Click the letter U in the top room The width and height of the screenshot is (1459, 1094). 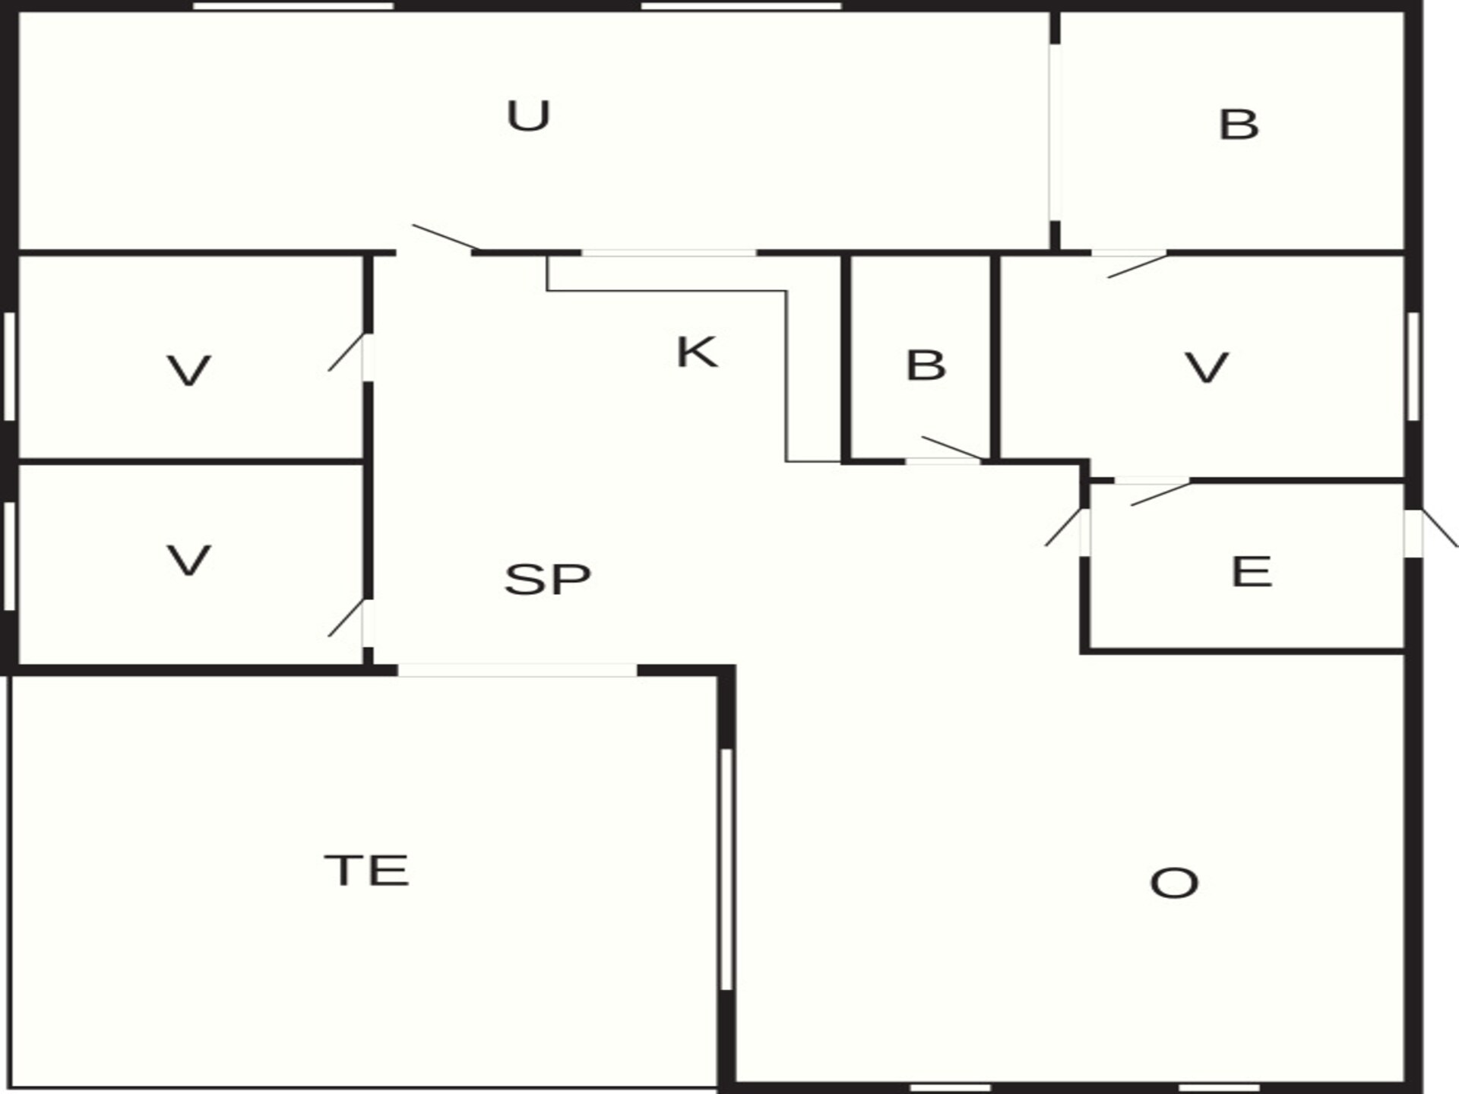(528, 116)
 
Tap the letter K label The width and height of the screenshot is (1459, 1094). (696, 353)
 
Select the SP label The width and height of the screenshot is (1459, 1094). (547, 579)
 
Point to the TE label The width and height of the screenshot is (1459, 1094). (367, 871)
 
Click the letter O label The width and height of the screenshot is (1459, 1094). (1174, 884)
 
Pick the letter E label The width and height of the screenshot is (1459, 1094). (1251, 572)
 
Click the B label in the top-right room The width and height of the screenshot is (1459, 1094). (1239, 125)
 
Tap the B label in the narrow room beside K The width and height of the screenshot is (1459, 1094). (926, 365)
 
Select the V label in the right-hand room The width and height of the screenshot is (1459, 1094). (1207, 368)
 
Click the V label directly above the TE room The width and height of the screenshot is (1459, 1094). (188, 561)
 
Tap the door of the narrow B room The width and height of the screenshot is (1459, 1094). (952, 448)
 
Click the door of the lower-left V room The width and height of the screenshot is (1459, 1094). (346, 618)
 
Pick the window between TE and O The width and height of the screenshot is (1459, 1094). (726, 869)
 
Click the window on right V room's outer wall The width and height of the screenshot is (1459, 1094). (1413, 366)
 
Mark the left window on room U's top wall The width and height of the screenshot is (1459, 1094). (293, 6)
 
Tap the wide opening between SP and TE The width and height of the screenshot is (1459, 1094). (517, 670)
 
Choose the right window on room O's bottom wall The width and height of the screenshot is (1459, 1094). (1218, 1088)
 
